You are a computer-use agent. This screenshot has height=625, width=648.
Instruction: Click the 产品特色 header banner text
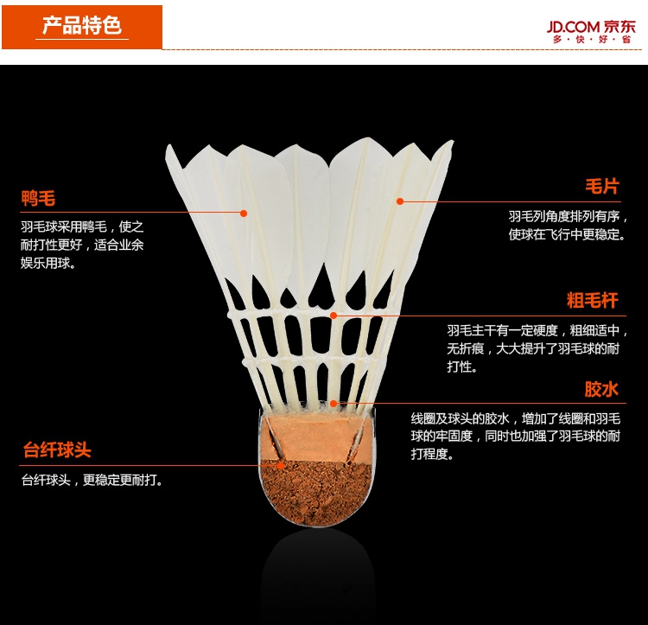82,24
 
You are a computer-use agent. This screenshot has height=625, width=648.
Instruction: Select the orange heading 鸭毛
39,199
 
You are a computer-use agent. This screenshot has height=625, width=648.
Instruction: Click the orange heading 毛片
602,187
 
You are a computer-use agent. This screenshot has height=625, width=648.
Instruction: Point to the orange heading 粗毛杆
593,301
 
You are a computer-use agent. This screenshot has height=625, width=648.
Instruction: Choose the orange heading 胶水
602,389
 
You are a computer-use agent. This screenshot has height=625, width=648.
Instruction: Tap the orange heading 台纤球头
56,450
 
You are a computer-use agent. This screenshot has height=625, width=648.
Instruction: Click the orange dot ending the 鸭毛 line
245,213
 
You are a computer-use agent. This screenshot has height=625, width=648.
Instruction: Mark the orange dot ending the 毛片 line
400,201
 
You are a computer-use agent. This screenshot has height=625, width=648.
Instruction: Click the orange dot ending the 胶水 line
333,404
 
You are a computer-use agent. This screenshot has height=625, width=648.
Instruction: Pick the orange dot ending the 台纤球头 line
282,465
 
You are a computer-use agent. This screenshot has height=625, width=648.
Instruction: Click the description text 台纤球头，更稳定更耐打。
92,481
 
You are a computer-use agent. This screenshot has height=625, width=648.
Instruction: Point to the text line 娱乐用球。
48,264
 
